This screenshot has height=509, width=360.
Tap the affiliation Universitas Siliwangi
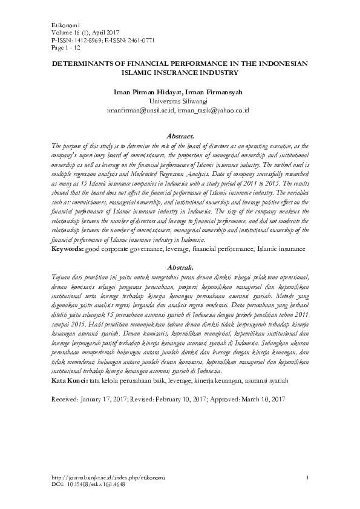pyautogui.click(x=180, y=102)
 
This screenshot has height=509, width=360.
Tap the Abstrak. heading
pyautogui.click(x=180, y=267)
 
